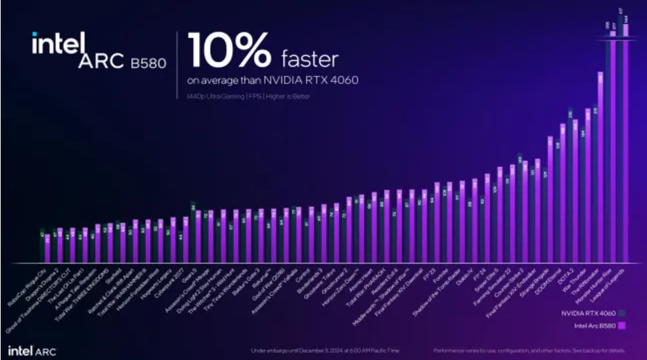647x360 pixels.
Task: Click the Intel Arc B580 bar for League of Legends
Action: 626,133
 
